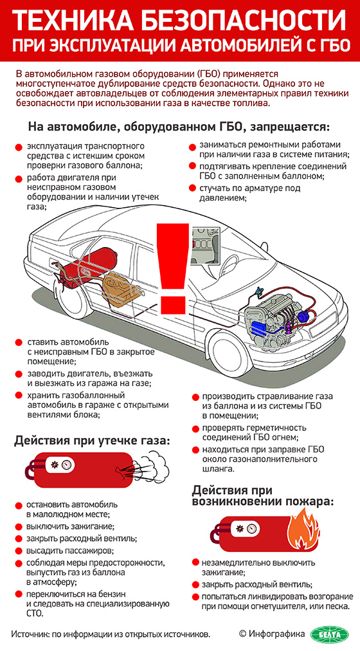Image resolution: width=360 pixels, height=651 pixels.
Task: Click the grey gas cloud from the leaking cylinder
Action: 153,470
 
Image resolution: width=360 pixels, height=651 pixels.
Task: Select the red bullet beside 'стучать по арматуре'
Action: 192,188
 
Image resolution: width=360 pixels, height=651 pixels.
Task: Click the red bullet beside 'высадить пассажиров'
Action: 19,551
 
